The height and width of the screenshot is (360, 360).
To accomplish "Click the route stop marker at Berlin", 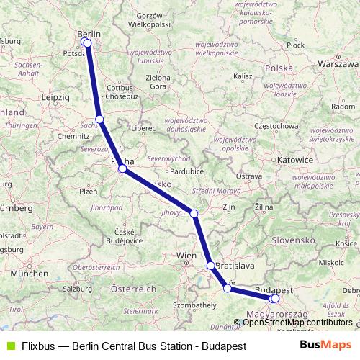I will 87,42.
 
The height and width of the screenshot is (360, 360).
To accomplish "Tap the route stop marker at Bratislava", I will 211,266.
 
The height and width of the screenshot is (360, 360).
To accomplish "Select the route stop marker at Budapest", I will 274,298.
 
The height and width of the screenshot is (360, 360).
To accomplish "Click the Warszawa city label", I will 337,63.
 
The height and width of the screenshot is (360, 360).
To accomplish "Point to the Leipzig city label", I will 55,96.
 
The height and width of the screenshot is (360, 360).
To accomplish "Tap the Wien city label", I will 187,255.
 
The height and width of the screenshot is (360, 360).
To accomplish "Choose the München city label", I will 29,274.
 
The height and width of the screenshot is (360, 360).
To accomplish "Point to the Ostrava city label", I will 249,176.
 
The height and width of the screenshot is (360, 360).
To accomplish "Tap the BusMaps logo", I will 325,345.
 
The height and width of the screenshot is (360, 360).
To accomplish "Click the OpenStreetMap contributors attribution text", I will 297,322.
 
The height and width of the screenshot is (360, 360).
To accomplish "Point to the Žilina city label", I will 264,207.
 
